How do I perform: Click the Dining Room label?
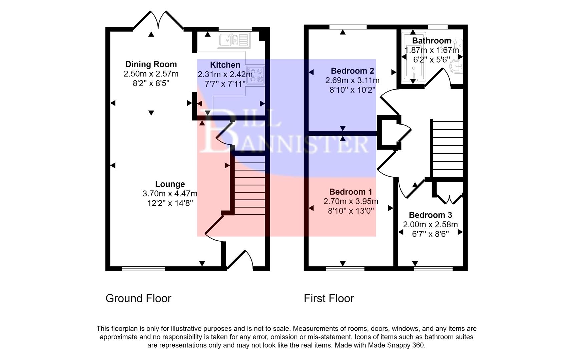tap(151, 64)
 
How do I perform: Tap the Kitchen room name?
tap(225, 65)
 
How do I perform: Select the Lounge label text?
tap(170, 184)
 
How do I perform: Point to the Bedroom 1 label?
tap(351, 192)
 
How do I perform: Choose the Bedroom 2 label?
tap(352, 71)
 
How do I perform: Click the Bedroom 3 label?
tap(430, 215)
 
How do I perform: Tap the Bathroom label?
tap(432, 41)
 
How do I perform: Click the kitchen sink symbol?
tap(233, 40)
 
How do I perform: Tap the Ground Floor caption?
tap(138, 298)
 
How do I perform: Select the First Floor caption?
tap(329, 298)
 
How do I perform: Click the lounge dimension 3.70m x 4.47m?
tap(170, 194)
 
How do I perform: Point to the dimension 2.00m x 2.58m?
tap(430, 225)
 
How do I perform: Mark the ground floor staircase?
tap(249, 187)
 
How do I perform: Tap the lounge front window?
tap(143, 268)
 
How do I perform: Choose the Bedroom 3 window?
tap(433, 268)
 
